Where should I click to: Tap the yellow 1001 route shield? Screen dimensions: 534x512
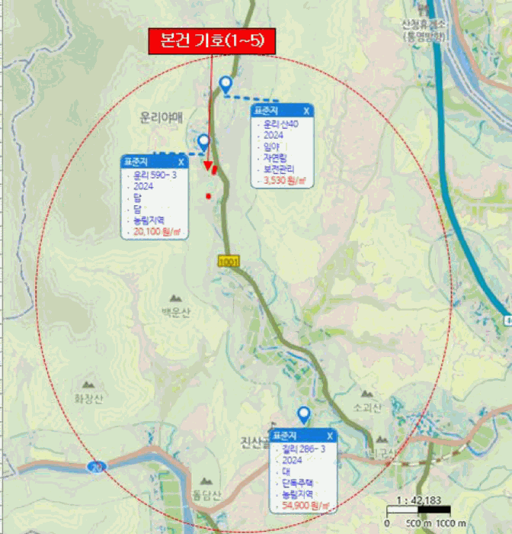point(229,262)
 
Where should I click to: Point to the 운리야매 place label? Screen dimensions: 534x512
point(162,117)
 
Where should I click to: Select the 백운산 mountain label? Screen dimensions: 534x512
point(176,311)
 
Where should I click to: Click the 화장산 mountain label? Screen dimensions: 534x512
point(88,397)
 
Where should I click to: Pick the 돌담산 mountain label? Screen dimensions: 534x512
point(206,496)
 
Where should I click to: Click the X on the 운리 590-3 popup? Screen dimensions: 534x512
point(181,162)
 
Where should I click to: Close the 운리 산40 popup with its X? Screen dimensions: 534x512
point(306,111)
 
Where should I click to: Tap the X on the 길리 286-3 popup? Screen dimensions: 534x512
point(328,436)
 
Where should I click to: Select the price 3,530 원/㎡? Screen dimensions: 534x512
point(284,181)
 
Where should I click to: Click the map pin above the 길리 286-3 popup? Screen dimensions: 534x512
point(303,414)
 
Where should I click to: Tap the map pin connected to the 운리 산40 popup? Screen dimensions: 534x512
point(226,84)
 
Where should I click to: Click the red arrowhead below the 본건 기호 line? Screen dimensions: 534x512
point(208,166)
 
